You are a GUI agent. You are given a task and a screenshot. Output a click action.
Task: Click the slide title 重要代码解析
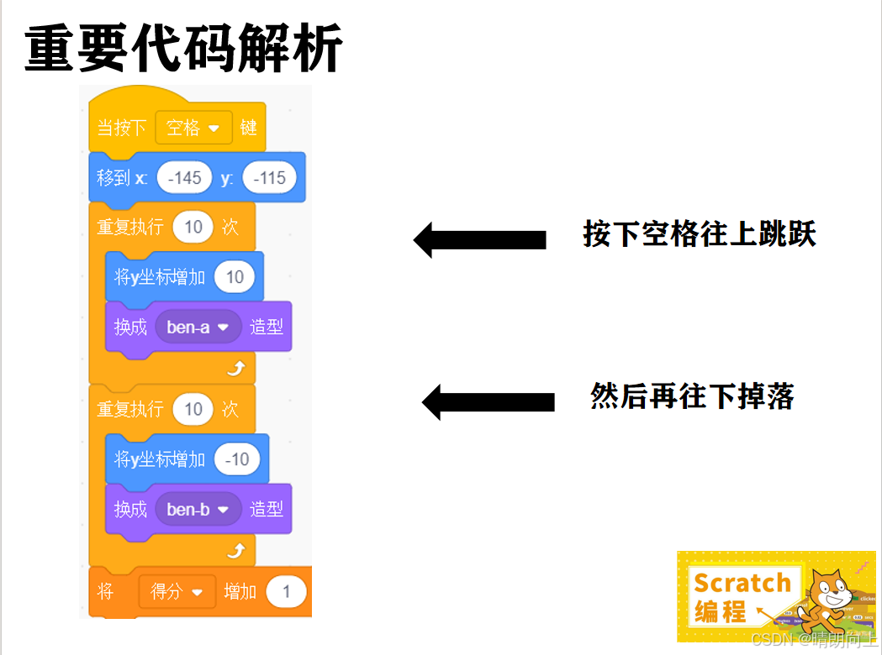point(183,50)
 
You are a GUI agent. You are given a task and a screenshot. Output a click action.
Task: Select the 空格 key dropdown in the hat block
point(193,128)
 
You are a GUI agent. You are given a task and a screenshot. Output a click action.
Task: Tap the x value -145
point(185,178)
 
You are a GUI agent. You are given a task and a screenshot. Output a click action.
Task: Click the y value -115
point(268,178)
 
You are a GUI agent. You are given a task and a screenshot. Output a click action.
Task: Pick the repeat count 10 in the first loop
point(193,227)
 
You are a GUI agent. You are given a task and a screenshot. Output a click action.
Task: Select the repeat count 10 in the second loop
point(193,409)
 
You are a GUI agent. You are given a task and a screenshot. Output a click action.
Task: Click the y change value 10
point(235,277)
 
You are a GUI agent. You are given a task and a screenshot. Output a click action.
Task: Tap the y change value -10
point(237,459)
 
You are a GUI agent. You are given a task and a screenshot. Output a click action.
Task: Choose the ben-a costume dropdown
point(198,327)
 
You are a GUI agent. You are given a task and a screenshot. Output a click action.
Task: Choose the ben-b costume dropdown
point(198,509)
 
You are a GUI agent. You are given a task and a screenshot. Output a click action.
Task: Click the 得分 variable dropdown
point(177,592)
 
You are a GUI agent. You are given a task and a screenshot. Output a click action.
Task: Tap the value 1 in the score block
point(286,592)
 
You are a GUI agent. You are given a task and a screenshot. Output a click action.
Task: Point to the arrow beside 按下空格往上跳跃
point(479,240)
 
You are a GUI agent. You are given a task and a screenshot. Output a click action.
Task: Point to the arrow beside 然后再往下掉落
point(488,402)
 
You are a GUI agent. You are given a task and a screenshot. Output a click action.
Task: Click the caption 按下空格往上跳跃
point(700,234)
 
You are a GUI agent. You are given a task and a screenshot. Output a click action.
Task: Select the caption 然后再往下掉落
point(692,396)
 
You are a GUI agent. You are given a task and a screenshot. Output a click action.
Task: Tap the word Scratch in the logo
point(742,582)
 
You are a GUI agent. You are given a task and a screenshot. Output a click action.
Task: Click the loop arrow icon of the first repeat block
point(236,369)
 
